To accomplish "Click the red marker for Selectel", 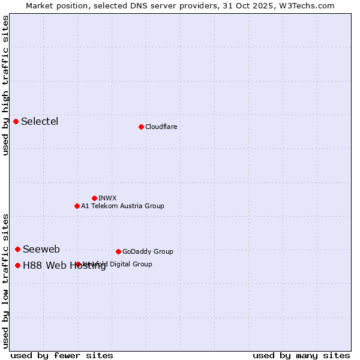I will point(16,122).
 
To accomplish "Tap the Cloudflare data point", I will point(141,127).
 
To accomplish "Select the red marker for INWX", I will point(94,198).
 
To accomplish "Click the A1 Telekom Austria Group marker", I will point(77,206).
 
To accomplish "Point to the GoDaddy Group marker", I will point(118,251).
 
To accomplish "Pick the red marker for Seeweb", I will point(17,249).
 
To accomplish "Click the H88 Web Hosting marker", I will point(17,265).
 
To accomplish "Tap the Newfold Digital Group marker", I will point(78,264).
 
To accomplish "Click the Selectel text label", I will point(40,122).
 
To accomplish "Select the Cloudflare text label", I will point(161,127).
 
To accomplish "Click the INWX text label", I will point(107,198).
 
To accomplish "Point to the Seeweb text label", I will point(41,250).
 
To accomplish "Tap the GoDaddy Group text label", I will point(148,251).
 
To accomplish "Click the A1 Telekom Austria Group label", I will point(122,206).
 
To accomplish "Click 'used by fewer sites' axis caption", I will point(62,355).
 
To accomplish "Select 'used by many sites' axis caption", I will point(301,355).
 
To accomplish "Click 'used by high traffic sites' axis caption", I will point(6,85).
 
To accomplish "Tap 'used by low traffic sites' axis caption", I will point(6,280).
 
